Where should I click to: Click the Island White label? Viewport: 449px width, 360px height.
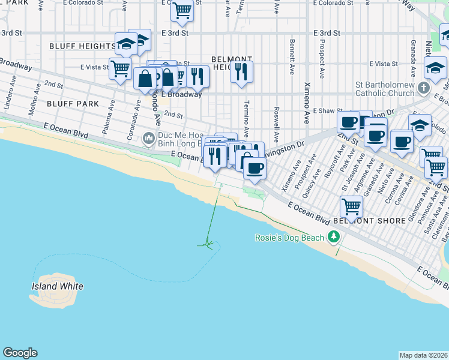pos(57,286)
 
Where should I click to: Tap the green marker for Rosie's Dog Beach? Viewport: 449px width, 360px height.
pos(334,238)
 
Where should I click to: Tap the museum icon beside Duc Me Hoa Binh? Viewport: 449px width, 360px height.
pos(149,139)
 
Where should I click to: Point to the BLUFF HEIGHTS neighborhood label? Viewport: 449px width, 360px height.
pos(82,46)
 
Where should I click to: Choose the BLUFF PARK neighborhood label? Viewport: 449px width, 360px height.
pos(73,104)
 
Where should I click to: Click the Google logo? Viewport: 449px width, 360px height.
pos(20,353)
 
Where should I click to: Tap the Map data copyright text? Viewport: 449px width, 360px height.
pos(424,355)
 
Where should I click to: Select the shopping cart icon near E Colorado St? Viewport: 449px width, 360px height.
pos(182,10)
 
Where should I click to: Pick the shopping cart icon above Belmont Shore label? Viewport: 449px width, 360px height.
pos(352,206)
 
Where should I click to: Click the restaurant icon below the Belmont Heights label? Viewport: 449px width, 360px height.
pos(241,72)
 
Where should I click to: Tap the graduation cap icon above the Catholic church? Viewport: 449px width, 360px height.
pos(435,68)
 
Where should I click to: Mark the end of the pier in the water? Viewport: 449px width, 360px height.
pos(207,244)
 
